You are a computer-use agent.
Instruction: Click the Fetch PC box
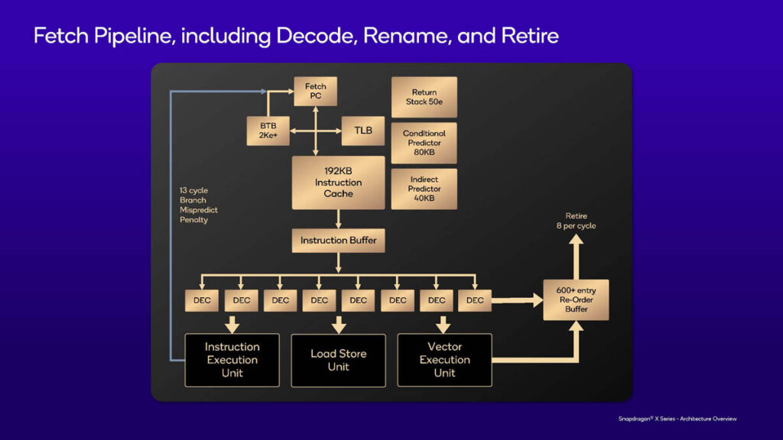point(315,91)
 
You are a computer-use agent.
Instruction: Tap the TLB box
point(363,131)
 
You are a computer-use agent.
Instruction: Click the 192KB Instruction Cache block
point(338,183)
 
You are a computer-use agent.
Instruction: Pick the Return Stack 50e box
point(424,97)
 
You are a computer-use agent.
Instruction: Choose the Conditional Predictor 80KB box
point(424,143)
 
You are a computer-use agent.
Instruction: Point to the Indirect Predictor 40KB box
point(424,189)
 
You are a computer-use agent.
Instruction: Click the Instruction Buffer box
point(338,241)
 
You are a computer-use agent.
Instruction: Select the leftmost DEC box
point(202,300)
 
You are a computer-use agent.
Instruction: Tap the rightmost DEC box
point(475,300)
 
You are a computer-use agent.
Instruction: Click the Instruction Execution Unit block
point(232,360)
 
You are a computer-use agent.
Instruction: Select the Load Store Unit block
point(338,360)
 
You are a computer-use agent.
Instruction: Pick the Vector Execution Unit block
point(444,360)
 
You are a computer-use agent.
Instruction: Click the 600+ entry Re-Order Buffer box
point(576,299)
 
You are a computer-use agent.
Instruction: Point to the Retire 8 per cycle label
point(576,221)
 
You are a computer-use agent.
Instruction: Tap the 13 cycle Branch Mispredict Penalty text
point(193,205)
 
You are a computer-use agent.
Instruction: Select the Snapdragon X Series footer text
point(677,418)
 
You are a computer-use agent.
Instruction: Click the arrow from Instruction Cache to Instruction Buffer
point(338,219)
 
